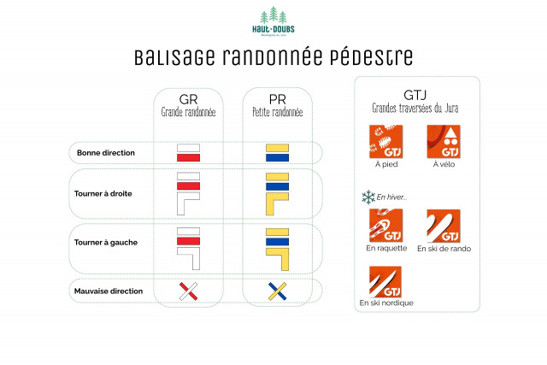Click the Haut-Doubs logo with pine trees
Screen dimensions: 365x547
tap(273, 21)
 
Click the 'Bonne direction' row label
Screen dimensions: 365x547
tap(105, 153)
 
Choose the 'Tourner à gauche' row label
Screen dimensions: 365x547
tap(105, 242)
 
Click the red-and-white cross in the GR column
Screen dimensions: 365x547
tap(188, 291)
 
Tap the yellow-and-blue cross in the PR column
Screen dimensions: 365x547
tap(276, 291)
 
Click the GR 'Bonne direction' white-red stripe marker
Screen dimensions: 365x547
tap(188, 153)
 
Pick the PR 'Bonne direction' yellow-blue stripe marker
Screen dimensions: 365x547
tap(276, 153)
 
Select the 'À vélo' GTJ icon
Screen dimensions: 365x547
tap(443, 141)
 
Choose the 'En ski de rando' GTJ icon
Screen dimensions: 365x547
tap(443, 226)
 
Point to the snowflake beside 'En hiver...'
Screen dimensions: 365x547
tap(368, 197)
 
